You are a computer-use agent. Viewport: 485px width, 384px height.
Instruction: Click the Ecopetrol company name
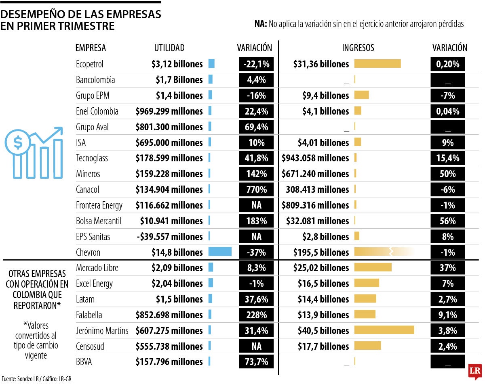tap(90, 64)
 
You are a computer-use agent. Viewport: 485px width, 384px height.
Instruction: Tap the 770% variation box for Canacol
tap(256, 190)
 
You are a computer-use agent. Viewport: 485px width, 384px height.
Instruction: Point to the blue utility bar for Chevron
tap(220, 252)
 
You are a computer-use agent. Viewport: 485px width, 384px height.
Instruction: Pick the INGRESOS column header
tap(358, 48)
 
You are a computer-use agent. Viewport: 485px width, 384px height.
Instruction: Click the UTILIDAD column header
tap(169, 48)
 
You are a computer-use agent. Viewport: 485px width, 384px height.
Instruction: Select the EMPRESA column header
tap(91, 48)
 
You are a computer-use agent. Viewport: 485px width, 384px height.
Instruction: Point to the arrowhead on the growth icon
tap(59, 131)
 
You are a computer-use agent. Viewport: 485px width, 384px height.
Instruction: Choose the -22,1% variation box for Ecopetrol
tap(256, 64)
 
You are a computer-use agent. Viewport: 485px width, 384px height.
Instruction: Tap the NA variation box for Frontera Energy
tap(256, 205)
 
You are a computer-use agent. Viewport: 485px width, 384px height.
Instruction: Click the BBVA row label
tap(84, 362)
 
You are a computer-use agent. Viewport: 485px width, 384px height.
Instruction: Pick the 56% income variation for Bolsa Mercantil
tap(448, 221)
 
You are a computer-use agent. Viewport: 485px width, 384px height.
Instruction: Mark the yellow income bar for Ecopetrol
tap(377, 64)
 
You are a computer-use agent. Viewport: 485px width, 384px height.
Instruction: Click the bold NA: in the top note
tap(261, 24)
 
